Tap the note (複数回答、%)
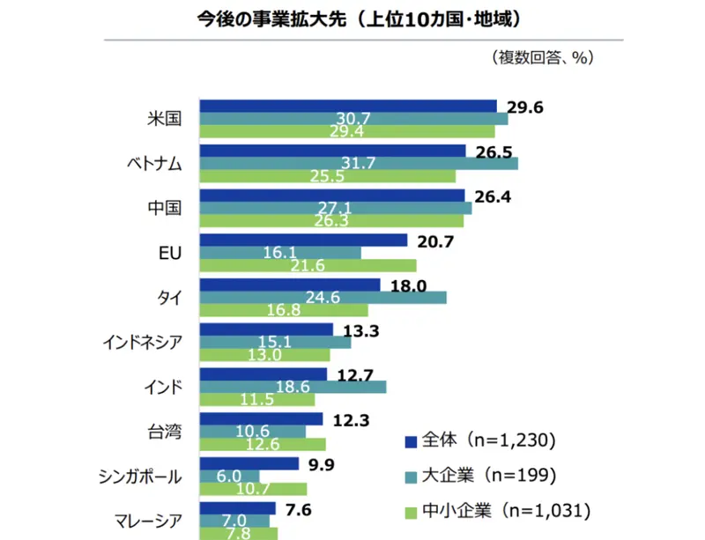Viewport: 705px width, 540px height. pyautogui.click(x=542, y=57)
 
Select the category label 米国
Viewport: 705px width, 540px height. pyautogui.click(x=165, y=119)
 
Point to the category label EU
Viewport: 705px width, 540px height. pyautogui.click(x=170, y=253)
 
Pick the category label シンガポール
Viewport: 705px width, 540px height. pyautogui.click(x=141, y=477)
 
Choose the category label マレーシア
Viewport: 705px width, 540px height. pyautogui.click(x=146, y=521)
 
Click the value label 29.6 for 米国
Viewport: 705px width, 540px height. pyautogui.click(x=524, y=107)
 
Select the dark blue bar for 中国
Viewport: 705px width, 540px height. pyautogui.click(x=333, y=196)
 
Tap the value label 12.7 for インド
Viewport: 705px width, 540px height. pyautogui.click(x=355, y=374)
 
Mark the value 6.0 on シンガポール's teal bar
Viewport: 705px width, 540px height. pyautogui.click(x=228, y=476)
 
